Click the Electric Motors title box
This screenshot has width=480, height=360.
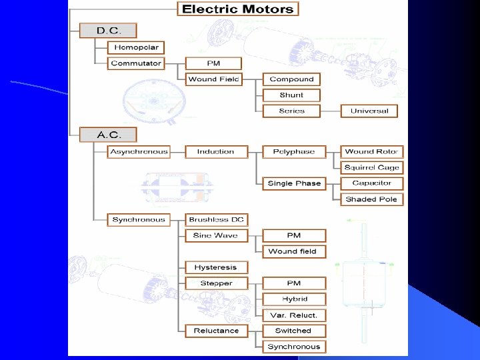(238, 9)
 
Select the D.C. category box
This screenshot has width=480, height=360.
(108, 31)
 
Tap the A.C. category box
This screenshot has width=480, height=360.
(108, 135)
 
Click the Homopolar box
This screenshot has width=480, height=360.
(136, 47)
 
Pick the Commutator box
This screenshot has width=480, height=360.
(136, 63)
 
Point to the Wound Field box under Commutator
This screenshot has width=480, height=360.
(213, 79)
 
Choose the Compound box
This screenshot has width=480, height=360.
(291, 79)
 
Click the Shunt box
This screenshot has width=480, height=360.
(291, 95)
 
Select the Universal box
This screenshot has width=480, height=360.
(369, 111)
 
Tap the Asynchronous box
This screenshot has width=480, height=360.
(139, 152)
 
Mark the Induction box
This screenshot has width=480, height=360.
(216, 152)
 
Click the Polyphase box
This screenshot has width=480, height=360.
(294, 152)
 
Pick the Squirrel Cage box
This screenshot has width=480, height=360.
(372, 167)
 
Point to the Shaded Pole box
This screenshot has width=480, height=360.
(372, 199)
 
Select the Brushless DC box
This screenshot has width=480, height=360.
(216, 219)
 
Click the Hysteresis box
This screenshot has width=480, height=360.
(216, 267)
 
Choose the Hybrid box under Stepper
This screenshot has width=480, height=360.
(294, 299)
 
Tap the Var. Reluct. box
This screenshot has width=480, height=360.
(294, 315)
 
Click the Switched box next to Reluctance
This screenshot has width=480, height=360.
(294, 331)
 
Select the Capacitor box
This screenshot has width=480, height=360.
(372, 183)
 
